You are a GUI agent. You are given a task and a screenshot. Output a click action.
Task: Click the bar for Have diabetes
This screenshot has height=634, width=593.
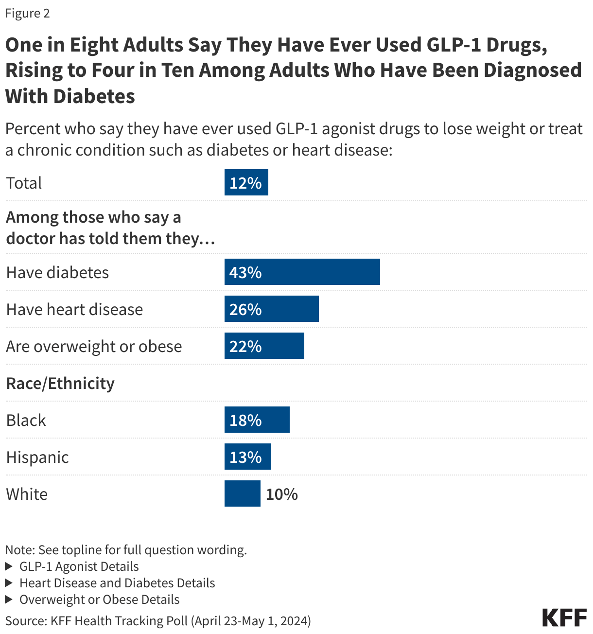click(x=302, y=272)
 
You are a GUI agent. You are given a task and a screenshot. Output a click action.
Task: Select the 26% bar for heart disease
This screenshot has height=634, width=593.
click(x=271, y=309)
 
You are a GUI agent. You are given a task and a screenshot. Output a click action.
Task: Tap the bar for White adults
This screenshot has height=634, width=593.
click(x=242, y=493)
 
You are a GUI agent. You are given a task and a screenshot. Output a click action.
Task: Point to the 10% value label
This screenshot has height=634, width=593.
click(x=281, y=494)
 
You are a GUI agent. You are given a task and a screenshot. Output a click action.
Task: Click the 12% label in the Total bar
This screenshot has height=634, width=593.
click(x=245, y=183)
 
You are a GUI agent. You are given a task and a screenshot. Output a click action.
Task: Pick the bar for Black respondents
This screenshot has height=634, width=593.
click(x=257, y=420)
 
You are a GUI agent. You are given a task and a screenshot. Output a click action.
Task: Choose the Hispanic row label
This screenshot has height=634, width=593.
click(x=37, y=457)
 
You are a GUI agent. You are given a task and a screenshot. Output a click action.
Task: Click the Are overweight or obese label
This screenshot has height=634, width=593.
click(x=94, y=346)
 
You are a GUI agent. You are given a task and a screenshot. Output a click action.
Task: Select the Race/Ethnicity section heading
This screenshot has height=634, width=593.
click(x=60, y=383)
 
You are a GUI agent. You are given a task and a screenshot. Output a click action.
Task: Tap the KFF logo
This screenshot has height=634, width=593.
click(x=564, y=618)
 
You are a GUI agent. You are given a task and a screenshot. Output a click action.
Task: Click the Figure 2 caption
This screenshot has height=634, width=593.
click(x=28, y=13)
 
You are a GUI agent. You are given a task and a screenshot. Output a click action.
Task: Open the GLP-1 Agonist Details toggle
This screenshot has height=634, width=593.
click(x=79, y=566)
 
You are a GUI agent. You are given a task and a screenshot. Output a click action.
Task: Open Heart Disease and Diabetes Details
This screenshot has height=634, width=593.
click(x=117, y=583)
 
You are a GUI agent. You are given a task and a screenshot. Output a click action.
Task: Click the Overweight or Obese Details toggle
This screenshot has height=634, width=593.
click(x=99, y=599)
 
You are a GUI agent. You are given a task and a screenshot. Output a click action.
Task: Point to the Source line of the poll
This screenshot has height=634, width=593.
click(x=158, y=621)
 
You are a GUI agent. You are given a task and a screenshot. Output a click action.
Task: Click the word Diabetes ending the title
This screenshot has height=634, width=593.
click(x=94, y=96)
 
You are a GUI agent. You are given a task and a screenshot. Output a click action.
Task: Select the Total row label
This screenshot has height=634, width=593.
click(x=24, y=183)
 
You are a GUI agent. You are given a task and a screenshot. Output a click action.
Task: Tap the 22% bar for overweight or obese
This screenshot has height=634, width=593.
click(x=264, y=346)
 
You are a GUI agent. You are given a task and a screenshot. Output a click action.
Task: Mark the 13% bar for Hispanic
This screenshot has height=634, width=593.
click(x=247, y=457)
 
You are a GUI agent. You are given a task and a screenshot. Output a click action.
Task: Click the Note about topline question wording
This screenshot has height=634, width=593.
click(x=126, y=550)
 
